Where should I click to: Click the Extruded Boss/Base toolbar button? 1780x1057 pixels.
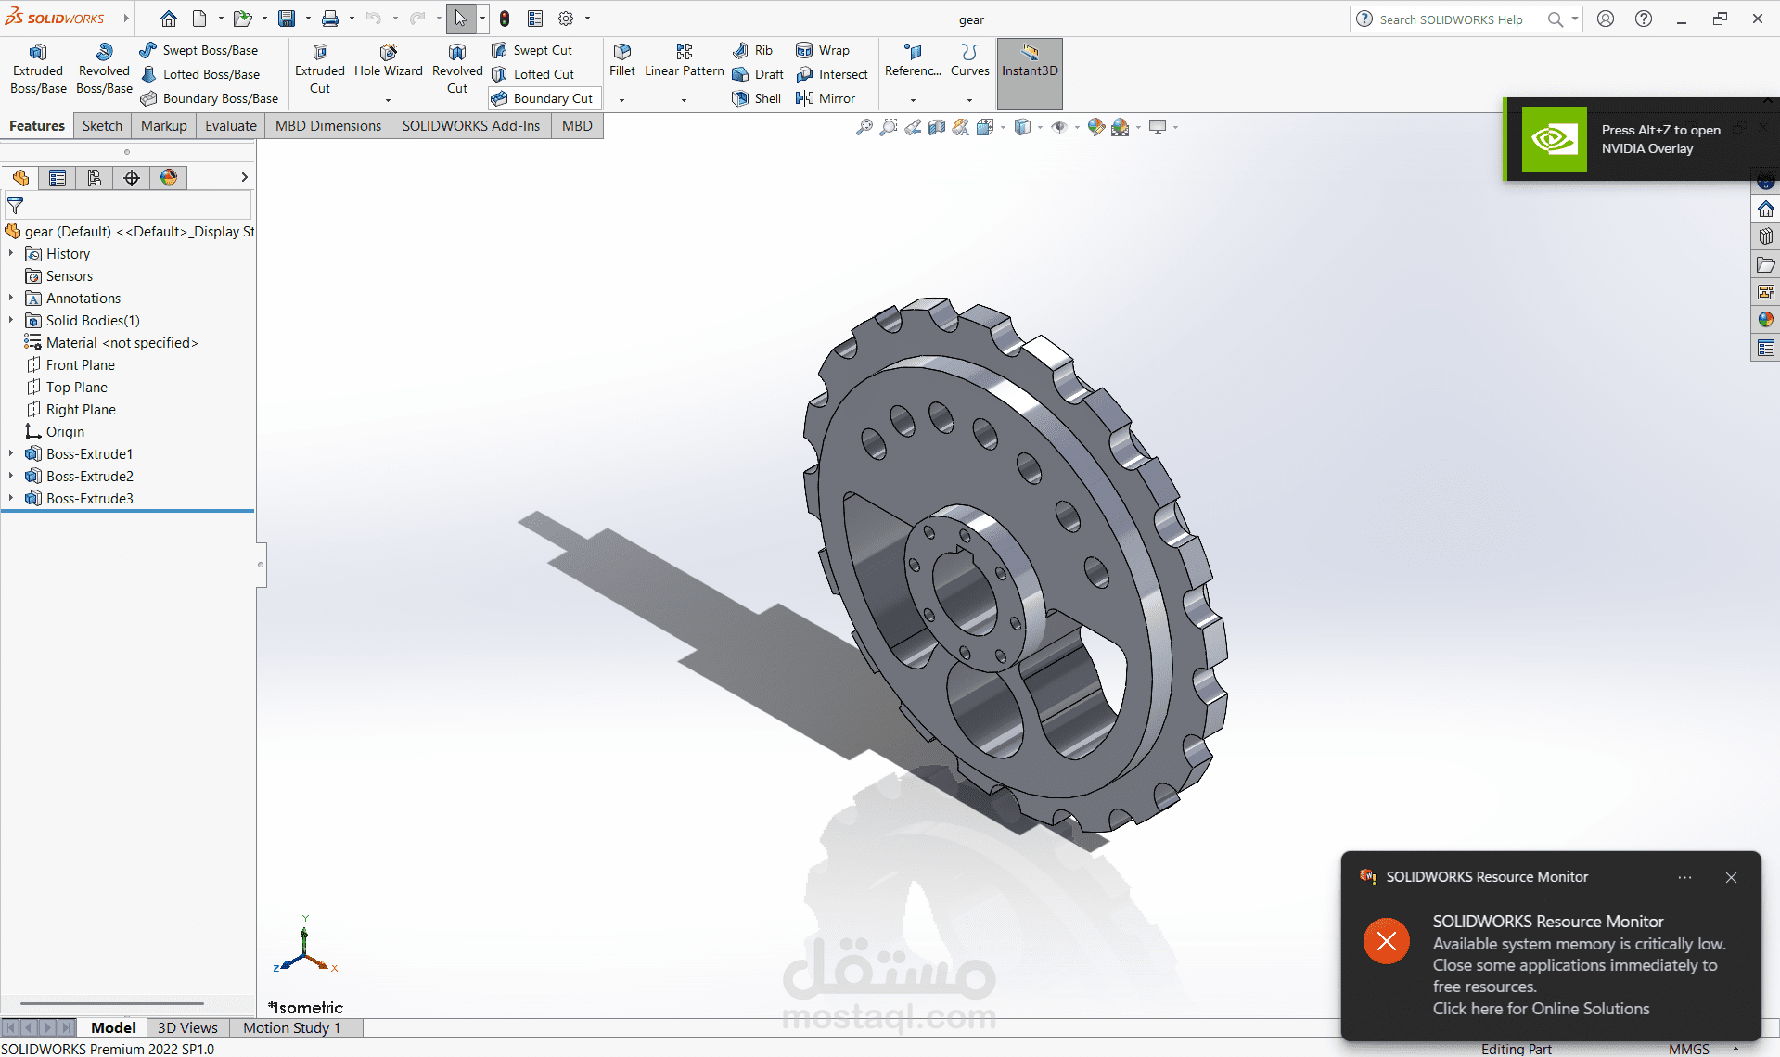(38, 69)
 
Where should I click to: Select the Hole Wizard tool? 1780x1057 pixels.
(388, 61)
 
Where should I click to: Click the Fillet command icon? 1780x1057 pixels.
(622, 60)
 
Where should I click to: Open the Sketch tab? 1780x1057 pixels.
(102, 126)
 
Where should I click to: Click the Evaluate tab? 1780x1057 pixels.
(230, 126)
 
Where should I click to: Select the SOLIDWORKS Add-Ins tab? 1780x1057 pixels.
(470, 126)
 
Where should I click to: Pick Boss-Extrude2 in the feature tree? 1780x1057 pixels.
(89, 477)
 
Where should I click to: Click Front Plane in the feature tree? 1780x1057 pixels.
(80, 365)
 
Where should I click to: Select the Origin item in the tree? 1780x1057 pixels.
(65, 432)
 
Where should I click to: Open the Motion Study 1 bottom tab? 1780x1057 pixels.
(291, 1027)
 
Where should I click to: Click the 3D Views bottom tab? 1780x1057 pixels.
(187, 1027)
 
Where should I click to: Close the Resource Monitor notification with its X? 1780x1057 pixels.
(1731, 877)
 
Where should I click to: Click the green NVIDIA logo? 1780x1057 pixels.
(1554, 139)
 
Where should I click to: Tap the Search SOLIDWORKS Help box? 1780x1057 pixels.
(1452, 19)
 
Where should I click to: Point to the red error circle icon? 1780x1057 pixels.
(1387, 941)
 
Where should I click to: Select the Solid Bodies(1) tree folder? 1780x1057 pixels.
(93, 321)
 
